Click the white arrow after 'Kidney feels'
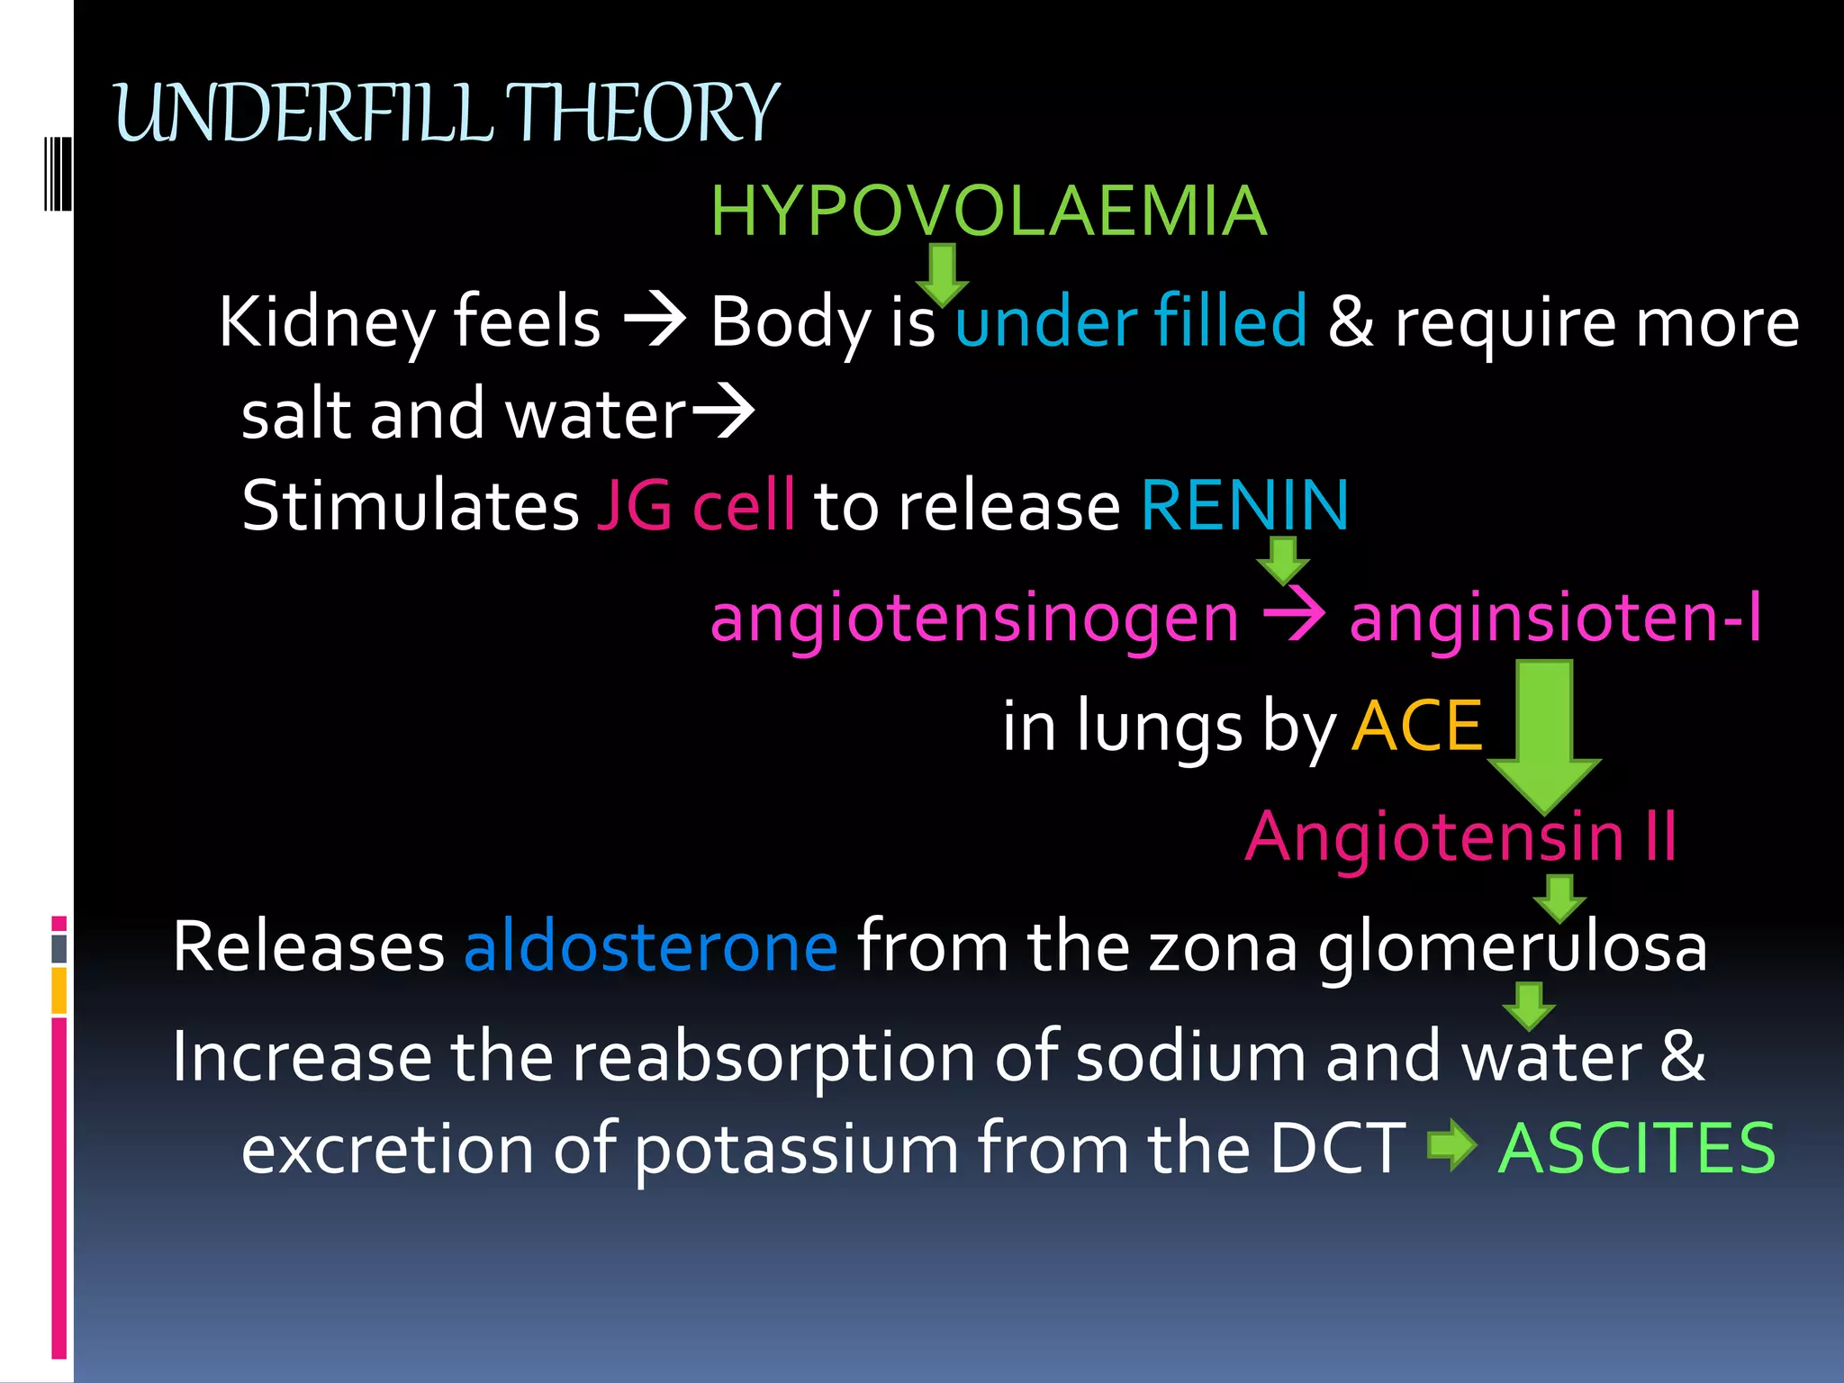[x=655, y=321]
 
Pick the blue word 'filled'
[x=1230, y=321]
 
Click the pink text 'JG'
[x=634, y=505]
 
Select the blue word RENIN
[x=1245, y=505]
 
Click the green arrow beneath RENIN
[x=1282, y=559]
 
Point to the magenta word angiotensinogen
[x=974, y=619]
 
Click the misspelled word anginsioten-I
[x=1555, y=619]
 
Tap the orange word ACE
[x=1416, y=726]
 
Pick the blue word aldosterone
[x=650, y=947]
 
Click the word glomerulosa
[x=1513, y=947]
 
